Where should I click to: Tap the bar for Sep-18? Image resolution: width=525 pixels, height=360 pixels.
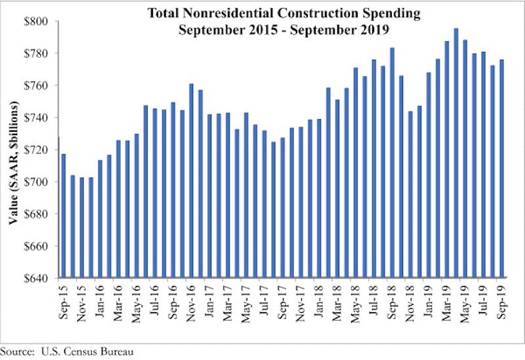click(x=392, y=163)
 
